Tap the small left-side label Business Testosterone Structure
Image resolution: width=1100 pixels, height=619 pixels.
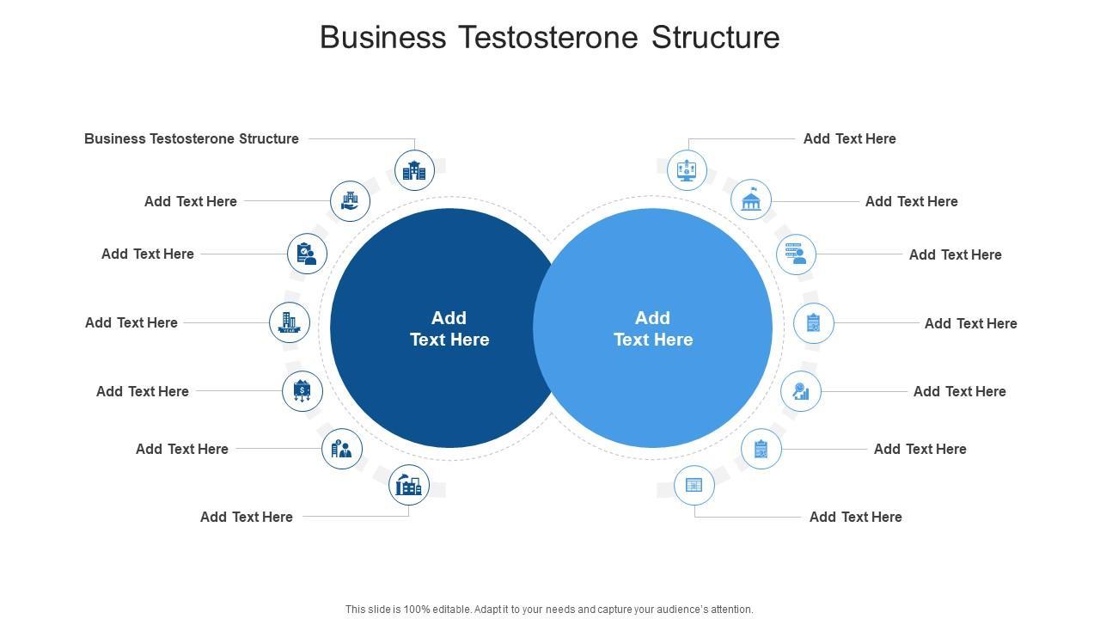[x=192, y=138]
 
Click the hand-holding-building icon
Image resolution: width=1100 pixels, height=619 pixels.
[x=350, y=201]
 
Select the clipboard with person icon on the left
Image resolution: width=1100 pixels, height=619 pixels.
[x=307, y=254]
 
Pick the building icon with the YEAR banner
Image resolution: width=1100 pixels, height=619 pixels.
[x=290, y=322]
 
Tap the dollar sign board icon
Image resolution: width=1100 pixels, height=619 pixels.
[x=302, y=391]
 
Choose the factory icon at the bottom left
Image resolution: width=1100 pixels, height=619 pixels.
[x=408, y=485]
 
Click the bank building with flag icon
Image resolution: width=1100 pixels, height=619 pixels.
[x=751, y=200]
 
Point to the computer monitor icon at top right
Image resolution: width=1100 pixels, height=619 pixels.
[x=687, y=170]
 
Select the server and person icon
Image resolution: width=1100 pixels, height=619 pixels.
[x=796, y=254]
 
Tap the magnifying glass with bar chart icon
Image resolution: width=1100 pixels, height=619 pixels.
[x=801, y=391]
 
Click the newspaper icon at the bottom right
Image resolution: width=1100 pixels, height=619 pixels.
[x=694, y=486]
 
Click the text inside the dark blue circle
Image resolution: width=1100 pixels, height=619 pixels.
[x=449, y=328]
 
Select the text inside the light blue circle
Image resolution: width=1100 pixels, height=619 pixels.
[x=653, y=328]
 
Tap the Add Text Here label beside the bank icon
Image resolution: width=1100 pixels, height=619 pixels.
[x=911, y=201]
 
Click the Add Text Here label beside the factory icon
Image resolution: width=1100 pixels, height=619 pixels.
[x=247, y=517]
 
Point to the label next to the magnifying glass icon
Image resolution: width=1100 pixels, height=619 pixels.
[x=959, y=391]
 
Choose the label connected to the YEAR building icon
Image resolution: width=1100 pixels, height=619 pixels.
[x=131, y=322]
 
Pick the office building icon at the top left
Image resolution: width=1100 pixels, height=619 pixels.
[x=414, y=170]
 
